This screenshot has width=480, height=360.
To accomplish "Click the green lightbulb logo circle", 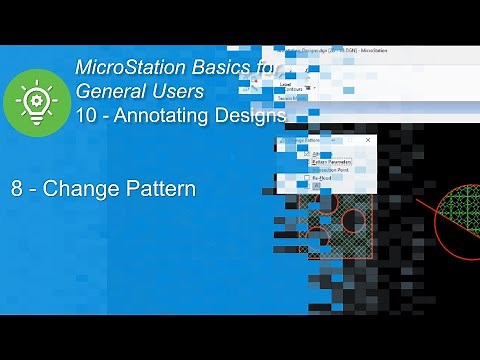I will [x=36, y=103].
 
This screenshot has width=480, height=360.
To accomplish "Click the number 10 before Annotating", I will [x=87, y=116].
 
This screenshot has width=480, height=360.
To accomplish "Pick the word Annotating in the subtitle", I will [x=164, y=116].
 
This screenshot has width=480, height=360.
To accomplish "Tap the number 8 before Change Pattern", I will [x=17, y=188].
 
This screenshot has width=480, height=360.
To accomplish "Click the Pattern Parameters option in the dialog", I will [x=338, y=160].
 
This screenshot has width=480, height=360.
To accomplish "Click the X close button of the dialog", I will [x=367, y=140].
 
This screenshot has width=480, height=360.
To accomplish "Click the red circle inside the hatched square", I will [x=354, y=220].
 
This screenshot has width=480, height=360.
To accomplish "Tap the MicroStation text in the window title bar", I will [x=369, y=49].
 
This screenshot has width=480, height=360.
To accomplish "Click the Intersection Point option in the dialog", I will [x=340, y=168].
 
